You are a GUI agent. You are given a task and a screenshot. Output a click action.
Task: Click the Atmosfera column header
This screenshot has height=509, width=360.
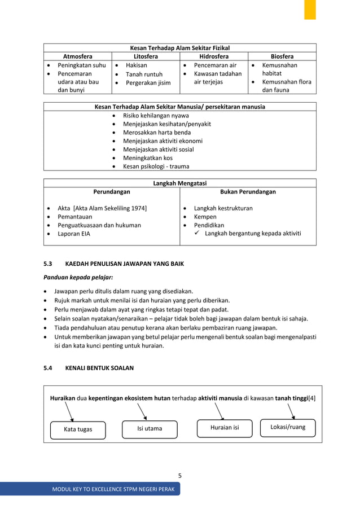pos(78,56)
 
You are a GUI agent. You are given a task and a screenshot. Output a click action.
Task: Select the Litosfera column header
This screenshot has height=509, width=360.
pos(146,56)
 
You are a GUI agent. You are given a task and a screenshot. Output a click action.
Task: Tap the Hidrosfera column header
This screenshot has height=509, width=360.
pos(214,56)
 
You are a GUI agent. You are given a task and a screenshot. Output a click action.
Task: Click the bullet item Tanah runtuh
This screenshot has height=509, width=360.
pos(144,74)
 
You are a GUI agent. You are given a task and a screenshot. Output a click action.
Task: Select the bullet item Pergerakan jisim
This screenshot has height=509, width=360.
pos(148,83)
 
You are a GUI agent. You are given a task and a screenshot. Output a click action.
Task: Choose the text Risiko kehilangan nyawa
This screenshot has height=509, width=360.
pos(156,116)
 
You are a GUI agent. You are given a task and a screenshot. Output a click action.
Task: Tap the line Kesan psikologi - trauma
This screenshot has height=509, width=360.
pos(156,166)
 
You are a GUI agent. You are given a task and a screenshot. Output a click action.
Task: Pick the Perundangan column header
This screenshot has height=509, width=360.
pos(112,192)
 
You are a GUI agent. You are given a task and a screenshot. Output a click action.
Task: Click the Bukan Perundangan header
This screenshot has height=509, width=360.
pos(248,192)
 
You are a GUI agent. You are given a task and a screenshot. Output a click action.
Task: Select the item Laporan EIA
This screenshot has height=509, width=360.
pos(74,234)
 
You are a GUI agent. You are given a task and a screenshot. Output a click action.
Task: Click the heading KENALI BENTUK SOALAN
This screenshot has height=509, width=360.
pos(99,368)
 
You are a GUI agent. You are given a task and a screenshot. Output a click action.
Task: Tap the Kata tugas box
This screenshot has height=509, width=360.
pos(78,429)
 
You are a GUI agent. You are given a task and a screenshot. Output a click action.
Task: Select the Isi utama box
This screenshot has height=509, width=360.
pos(150,428)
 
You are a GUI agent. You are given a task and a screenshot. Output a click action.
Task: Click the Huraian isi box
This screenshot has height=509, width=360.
pos(225,428)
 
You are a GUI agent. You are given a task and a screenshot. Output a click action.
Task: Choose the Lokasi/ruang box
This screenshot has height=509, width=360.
pos(288,427)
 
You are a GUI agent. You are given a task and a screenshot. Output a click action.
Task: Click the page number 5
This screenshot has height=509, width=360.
pos(179,475)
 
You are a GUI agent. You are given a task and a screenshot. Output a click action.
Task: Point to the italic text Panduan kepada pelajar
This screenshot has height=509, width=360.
pos(78,278)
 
